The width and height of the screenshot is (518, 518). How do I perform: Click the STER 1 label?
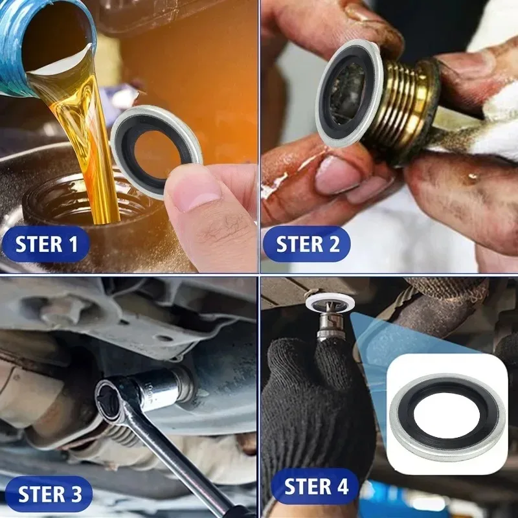46,244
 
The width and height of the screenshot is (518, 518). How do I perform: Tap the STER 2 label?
307,244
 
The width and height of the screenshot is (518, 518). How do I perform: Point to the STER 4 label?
316,486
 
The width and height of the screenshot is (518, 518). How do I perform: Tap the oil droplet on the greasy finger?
474,176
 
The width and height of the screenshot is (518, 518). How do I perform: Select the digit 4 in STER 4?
342,486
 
